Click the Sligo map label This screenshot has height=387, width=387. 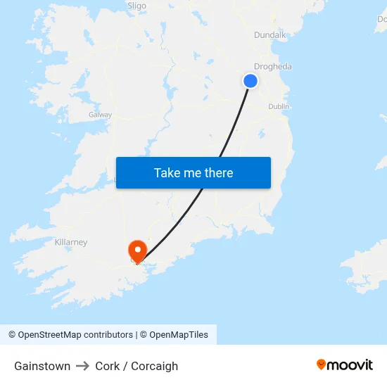point(137,6)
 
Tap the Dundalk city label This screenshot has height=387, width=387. point(269,34)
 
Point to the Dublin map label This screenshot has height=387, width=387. point(279,106)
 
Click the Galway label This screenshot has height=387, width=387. point(100,114)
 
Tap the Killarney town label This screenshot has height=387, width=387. point(71,242)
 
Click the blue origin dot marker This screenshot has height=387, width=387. point(250,81)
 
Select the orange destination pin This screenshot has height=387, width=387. point(137,251)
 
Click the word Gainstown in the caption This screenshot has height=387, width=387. point(42,366)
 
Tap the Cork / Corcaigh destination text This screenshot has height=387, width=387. point(137,366)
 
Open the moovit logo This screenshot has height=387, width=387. point(344,365)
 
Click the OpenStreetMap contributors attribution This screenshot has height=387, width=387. point(75,335)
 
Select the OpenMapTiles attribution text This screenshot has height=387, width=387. point(179,335)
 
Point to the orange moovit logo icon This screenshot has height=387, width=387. point(322,364)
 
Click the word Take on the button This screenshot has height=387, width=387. point(167,173)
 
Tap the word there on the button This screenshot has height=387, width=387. point(217,173)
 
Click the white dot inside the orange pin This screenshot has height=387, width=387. point(137,248)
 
